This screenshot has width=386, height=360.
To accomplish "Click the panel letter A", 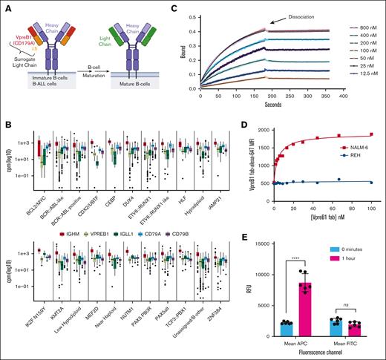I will pyautogui.click(x=7, y=7).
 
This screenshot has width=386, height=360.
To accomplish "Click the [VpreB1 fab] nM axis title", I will pyautogui.click(x=305, y=235).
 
